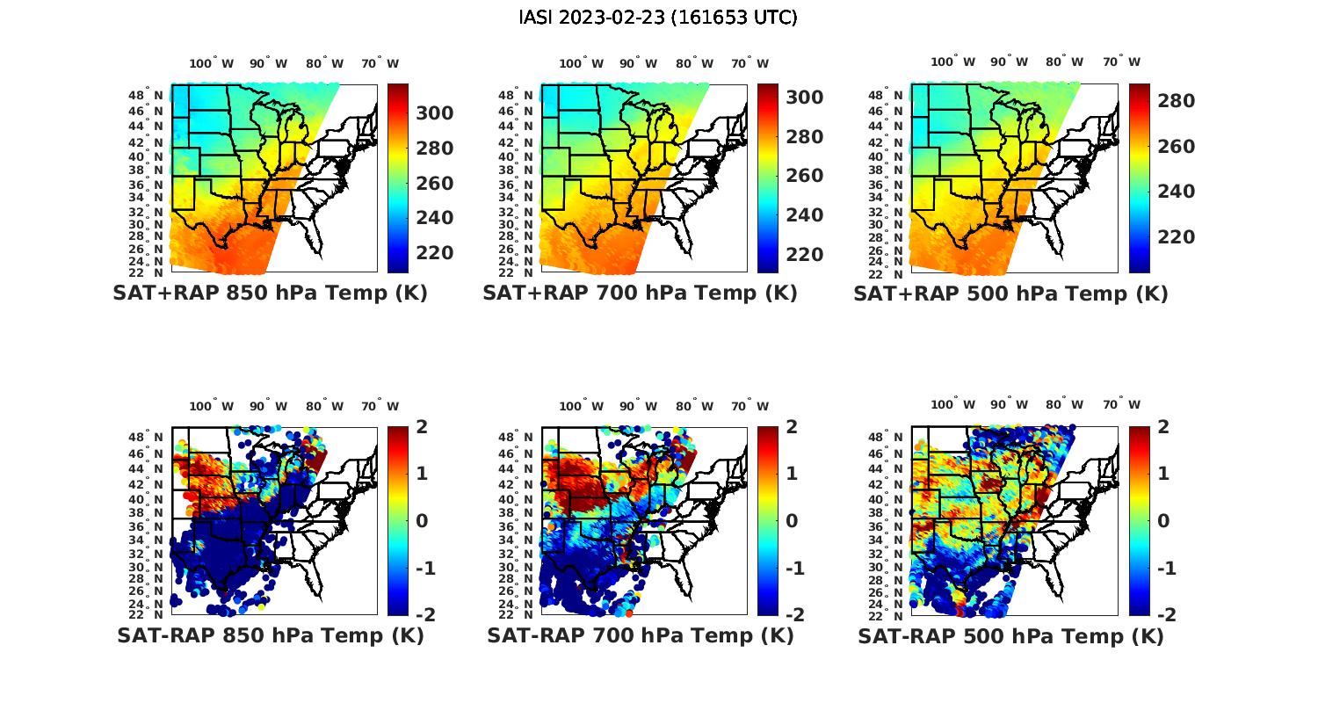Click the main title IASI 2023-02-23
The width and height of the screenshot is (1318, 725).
658,18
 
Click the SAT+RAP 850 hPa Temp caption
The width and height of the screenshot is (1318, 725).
270,294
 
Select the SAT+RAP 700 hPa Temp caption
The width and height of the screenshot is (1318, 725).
640,294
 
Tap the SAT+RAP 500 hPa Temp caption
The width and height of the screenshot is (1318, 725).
1010,294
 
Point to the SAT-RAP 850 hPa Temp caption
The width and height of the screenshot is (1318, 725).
270,636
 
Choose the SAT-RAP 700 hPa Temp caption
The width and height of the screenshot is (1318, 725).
640,636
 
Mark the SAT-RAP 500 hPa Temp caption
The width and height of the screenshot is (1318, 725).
1010,636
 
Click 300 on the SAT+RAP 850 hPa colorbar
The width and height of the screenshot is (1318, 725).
434,113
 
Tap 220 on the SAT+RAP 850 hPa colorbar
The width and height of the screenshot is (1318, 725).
434,253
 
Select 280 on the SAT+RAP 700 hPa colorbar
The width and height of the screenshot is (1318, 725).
804,137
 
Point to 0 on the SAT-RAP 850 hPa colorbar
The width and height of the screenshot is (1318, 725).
421,521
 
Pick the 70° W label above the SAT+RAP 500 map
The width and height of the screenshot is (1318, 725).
1121,62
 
